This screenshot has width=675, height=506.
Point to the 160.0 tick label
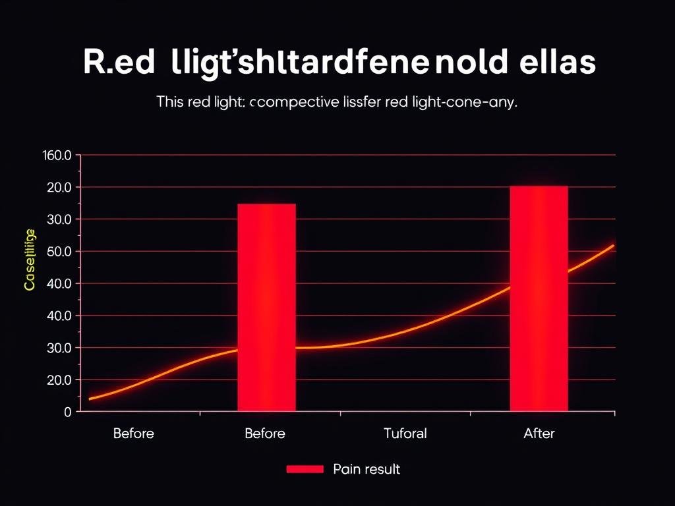[x=56, y=155]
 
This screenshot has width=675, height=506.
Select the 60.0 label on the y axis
[x=58, y=252]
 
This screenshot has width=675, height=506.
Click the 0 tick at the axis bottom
[x=67, y=412]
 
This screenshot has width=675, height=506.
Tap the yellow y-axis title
[x=30, y=260]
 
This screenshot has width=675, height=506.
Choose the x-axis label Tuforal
[x=405, y=434]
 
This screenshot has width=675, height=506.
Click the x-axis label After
[x=539, y=434]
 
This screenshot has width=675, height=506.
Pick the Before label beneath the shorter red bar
[x=264, y=434]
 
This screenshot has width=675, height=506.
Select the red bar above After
[x=539, y=298]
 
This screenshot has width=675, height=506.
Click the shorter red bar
[x=266, y=307]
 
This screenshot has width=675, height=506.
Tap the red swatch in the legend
[x=305, y=469]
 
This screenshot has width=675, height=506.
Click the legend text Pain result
[x=367, y=469]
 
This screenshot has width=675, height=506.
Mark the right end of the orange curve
[x=613, y=246]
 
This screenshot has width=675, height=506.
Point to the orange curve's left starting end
[x=90, y=399]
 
